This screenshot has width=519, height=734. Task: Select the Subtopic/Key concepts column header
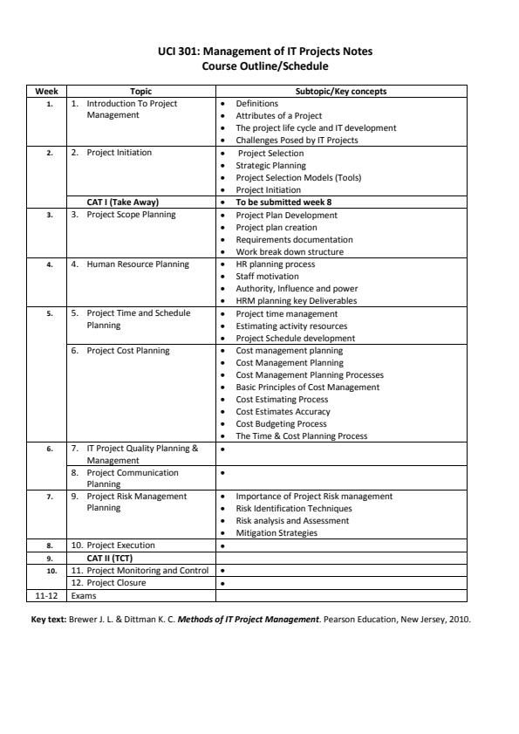tap(341, 91)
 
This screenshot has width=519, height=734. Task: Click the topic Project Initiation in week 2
tap(119, 153)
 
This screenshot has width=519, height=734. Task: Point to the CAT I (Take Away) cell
tap(122, 202)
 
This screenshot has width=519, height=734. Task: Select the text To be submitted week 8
tap(283, 202)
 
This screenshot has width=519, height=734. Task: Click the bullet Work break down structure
tap(290, 251)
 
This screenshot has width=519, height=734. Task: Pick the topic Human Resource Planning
tap(137, 264)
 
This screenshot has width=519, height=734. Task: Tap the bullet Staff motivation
tap(267, 276)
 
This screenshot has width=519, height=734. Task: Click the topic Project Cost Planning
tap(128, 350)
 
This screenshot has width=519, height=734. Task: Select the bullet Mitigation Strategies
tap(277, 532)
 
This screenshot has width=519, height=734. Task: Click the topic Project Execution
tap(120, 545)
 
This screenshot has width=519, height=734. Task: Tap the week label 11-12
tap(36, 595)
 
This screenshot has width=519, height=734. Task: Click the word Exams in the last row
tap(85, 595)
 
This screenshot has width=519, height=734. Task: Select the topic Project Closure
tap(115, 582)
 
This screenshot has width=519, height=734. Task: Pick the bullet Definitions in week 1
tap(257, 103)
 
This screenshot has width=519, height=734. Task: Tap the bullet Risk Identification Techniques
tap(294, 508)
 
